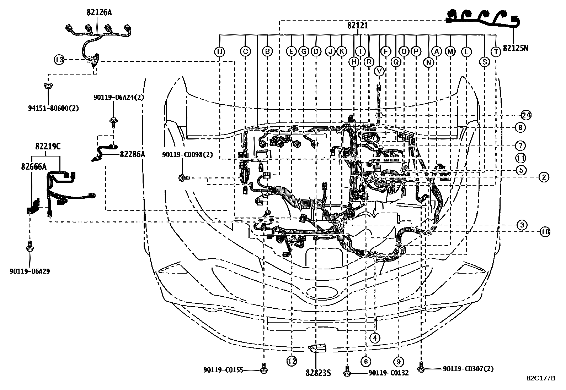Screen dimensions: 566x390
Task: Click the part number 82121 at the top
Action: (358, 26)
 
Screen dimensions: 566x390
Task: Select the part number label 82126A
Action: (99, 12)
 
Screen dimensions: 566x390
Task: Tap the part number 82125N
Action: (516, 48)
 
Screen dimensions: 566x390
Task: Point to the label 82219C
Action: (48, 146)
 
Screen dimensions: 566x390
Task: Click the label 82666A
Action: (34, 167)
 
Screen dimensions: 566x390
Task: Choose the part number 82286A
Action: (132, 154)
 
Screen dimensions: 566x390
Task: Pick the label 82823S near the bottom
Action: (318, 373)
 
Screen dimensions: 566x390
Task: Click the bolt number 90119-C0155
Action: (223, 370)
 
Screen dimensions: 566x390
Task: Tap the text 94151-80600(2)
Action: (53, 108)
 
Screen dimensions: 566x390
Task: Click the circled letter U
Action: (219, 52)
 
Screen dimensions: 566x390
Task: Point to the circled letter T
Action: (496, 52)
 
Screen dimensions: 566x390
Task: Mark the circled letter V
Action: (379, 71)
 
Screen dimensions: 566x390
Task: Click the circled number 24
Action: (526, 115)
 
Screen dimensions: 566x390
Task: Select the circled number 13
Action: (59, 60)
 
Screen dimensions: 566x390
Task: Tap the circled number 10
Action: (545, 232)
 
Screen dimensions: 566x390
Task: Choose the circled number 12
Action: (292, 361)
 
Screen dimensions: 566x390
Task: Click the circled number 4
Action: (375, 338)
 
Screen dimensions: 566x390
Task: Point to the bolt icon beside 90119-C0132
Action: (347, 372)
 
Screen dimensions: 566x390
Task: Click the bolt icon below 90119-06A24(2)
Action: (113, 122)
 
